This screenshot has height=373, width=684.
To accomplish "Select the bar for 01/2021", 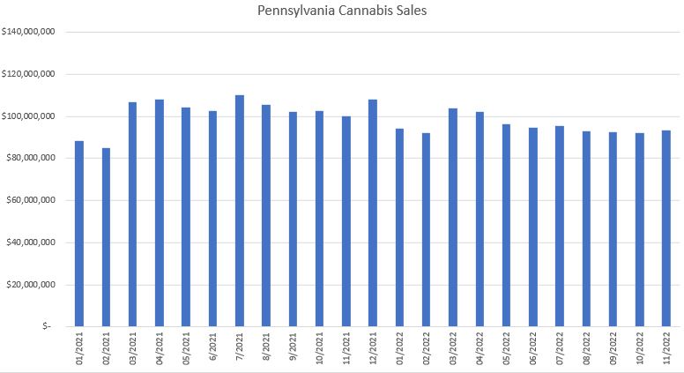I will pyautogui.click(x=79, y=234).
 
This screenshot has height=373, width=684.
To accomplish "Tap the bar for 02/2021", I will pyautogui.click(x=106, y=237).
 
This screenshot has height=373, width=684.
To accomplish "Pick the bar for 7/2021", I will pyautogui.click(x=240, y=211).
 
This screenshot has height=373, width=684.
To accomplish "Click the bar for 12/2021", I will pyautogui.click(x=373, y=213).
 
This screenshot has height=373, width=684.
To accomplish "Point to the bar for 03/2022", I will pyautogui.click(x=453, y=217).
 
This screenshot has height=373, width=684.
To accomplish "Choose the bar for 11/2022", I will pyautogui.click(x=666, y=228).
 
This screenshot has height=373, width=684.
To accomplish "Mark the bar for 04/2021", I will pyautogui.click(x=160, y=213).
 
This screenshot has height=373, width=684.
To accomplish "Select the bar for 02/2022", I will pyautogui.click(x=427, y=229).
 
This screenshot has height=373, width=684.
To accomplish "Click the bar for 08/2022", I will pyautogui.click(x=586, y=229).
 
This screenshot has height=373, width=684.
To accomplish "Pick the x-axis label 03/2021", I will pyautogui.click(x=133, y=349).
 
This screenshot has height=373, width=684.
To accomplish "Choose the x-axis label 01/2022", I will pyautogui.click(x=400, y=349).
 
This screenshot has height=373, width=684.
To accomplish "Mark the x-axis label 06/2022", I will pyautogui.click(x=533, y=349).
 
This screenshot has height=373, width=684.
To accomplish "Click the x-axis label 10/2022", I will pyautogui.click(x=640, y=349).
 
